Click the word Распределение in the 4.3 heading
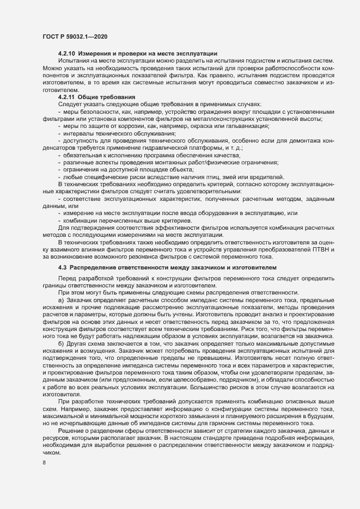click(94, 267)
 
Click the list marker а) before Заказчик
click(61, 300)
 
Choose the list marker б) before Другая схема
click(61, 351)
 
